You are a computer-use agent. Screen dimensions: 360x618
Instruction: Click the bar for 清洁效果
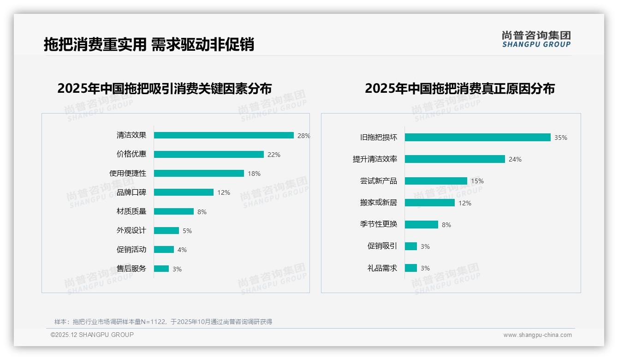tap(224, 135)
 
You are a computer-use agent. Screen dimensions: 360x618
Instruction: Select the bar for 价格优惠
tap(208, 155)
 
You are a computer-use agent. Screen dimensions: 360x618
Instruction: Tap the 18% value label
tap(254, 174)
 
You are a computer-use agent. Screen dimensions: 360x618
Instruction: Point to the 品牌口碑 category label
tap(131, 192)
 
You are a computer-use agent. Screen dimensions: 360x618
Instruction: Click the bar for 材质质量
tap(174, 211)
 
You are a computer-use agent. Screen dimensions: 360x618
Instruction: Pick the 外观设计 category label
tap(131, 230)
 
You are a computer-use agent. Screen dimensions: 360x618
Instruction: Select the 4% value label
tap(182, 250)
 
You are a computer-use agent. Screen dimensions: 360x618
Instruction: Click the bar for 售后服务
tap(161, 269)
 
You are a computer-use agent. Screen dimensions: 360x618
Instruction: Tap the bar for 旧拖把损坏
tap(477, 138)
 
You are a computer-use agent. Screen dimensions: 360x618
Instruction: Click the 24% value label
tap(515, 159)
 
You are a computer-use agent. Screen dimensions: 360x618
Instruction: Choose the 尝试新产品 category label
tap(378, 181)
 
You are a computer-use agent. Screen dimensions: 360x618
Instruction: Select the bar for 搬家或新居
tap(429, 203)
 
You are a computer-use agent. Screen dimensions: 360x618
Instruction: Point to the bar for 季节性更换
tap(421, 224)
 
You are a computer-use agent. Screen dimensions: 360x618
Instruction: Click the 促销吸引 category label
tap(382, 246)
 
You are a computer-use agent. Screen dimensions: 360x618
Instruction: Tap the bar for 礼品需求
tap(410, 268)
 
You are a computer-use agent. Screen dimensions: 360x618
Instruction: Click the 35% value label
tap(560, 138)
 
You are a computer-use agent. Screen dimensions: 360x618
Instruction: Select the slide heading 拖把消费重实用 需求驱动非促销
tap(149, 44)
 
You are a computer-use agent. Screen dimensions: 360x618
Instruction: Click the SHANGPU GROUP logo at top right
tap(536, 39)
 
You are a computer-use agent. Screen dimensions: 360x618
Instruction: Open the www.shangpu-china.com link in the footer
tap(537, 335)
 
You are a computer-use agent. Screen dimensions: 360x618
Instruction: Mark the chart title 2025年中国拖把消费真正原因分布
tap(459, 88)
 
